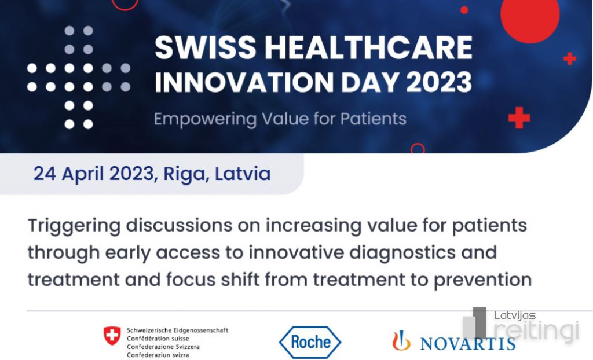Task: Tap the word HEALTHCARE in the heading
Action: [x=369, y=47]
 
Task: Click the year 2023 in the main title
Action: [x=439, y=82]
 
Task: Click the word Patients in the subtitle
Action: [x=374, y=119]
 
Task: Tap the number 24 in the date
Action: [x=45, y=174]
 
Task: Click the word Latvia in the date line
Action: [x=243, y=174]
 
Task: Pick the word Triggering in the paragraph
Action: [x=74, y=226]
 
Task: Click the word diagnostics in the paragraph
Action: [x=403, y=252]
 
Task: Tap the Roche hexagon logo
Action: [x=310, y=342]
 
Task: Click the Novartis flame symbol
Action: [x=401, y=340]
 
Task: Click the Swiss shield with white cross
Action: [x=112, y=336]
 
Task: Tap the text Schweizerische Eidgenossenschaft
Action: [x=177, y=330]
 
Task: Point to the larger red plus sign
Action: [x=519, y=117]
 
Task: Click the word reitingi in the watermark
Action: [x=536, y=332]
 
